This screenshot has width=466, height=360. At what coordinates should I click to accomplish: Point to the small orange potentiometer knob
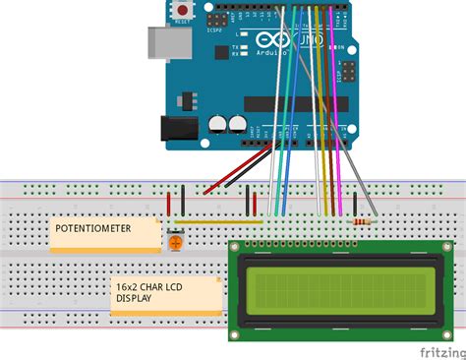[174, 239]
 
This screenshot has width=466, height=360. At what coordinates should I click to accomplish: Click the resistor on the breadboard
[362, 222]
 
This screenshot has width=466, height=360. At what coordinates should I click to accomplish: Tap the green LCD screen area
[333, 289]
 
